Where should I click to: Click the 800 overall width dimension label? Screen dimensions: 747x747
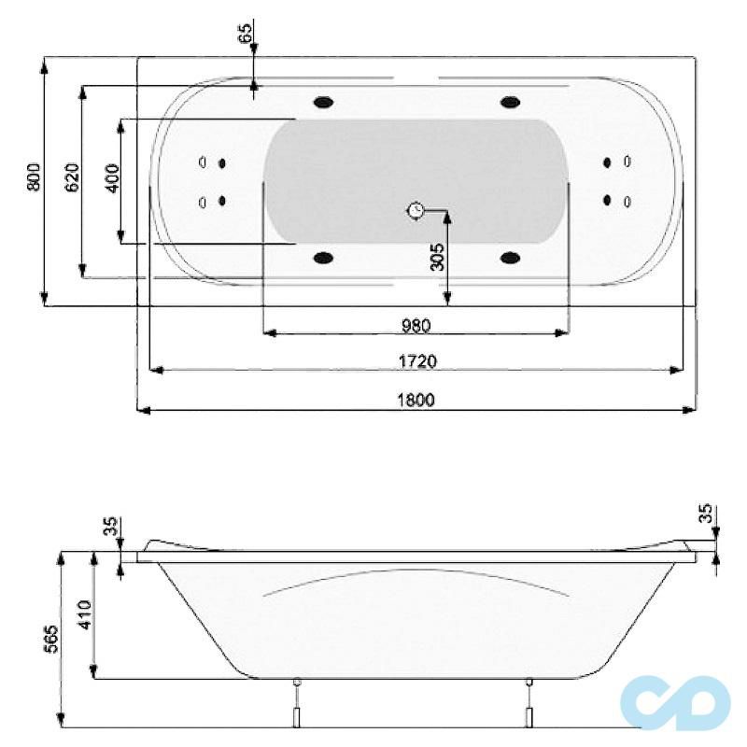click(x=34, y=177)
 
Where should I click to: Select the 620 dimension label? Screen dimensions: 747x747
click(x=72, y=177)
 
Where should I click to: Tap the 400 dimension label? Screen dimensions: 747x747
click(x=112, y=177)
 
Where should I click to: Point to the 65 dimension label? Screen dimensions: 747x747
click(x=246, y=35)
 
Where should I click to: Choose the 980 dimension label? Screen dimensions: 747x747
click(x=416, y=325)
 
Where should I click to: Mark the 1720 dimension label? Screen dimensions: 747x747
click(x=417, y=360)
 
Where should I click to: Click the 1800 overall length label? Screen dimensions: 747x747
click(x=417, y=400)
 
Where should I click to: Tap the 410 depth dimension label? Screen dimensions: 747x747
click(x=85, y=616)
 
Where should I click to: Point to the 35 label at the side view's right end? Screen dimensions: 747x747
click(x=706, y=514)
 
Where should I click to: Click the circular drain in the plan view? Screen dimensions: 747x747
click(x=416, y=211)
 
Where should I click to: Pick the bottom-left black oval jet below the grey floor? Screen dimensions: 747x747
click(x=325, y=258)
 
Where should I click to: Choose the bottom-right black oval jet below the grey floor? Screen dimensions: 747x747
click(x=510, y=258)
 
